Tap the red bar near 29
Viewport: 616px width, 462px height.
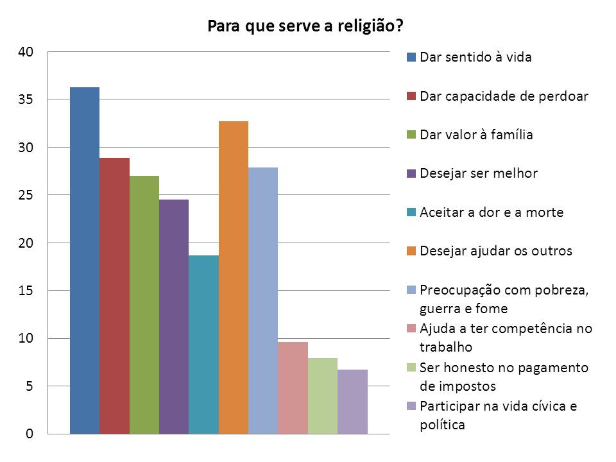pyautogui.click(x=114, y=295)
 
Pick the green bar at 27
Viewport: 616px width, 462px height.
pyautogui.click(x=144, y=305)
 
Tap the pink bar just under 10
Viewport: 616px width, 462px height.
pyautogui.click(x=293, y=388)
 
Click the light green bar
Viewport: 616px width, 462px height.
pyautogui.click(x=323, y=395)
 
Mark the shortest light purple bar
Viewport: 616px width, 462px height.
pyautogui.click(x=352, y=401)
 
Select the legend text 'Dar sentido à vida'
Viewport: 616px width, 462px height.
pyautogui.click(x=475, y=57)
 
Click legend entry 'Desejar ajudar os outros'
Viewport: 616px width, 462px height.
pyautogui.click(x=495, y=251)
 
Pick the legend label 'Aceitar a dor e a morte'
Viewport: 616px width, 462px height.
pyautogui.click(x=492, y=212)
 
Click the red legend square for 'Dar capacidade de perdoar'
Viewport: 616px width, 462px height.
pyautogui.click(x=411, y=96)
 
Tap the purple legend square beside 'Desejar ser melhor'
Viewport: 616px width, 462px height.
pyautogui.click(x=411, y=173)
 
